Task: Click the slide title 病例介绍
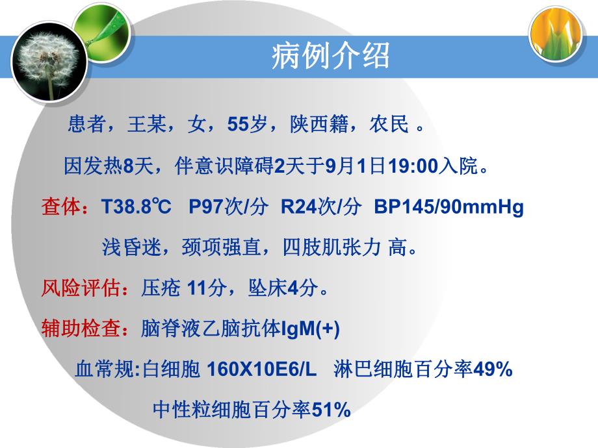pyautogui.click(x=330, y=56)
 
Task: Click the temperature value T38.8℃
pyautogui.click(x=136, y=208)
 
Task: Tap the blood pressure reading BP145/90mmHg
pyautogui.click(x=449, y=208)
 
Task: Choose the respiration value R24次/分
pyautogui.click(x=320, y=208)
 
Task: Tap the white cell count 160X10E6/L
pyautogui.click(x=261, y=370)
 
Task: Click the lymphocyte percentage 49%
pyautogui.click(x=493, y=370)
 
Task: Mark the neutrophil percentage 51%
pyautogui.click(x=331, y=410)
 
